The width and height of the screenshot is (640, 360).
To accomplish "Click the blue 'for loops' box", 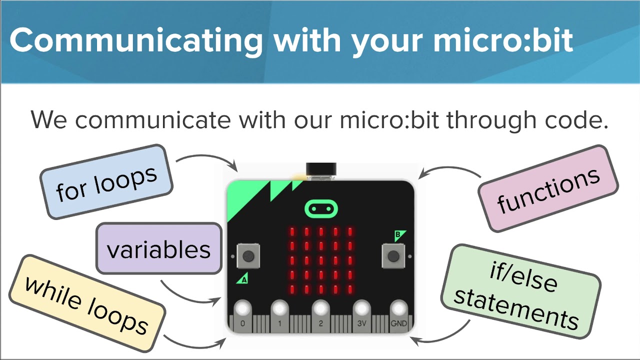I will point(106,182).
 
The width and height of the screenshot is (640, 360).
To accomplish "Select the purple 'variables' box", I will point(158,248).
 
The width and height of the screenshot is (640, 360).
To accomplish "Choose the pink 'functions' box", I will point(548,189).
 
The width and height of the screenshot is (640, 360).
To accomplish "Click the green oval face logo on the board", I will point(320,208).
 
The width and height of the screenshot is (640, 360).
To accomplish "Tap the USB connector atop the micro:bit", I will point(320,171).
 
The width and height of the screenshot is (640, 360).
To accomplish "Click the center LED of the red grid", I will point(320,260).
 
